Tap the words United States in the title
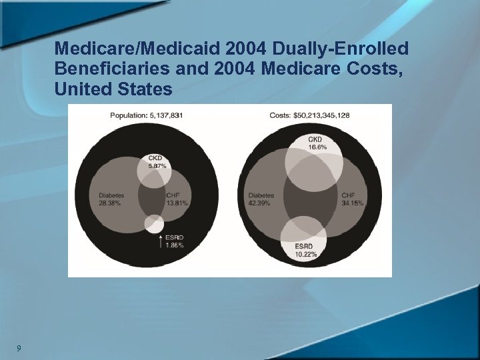coord(114,88)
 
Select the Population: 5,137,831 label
coord(146,115)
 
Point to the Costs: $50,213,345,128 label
coord(309,115)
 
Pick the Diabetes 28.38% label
coord(111,199)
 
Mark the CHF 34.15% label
coord(352,199)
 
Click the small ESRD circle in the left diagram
coord(154,224)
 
